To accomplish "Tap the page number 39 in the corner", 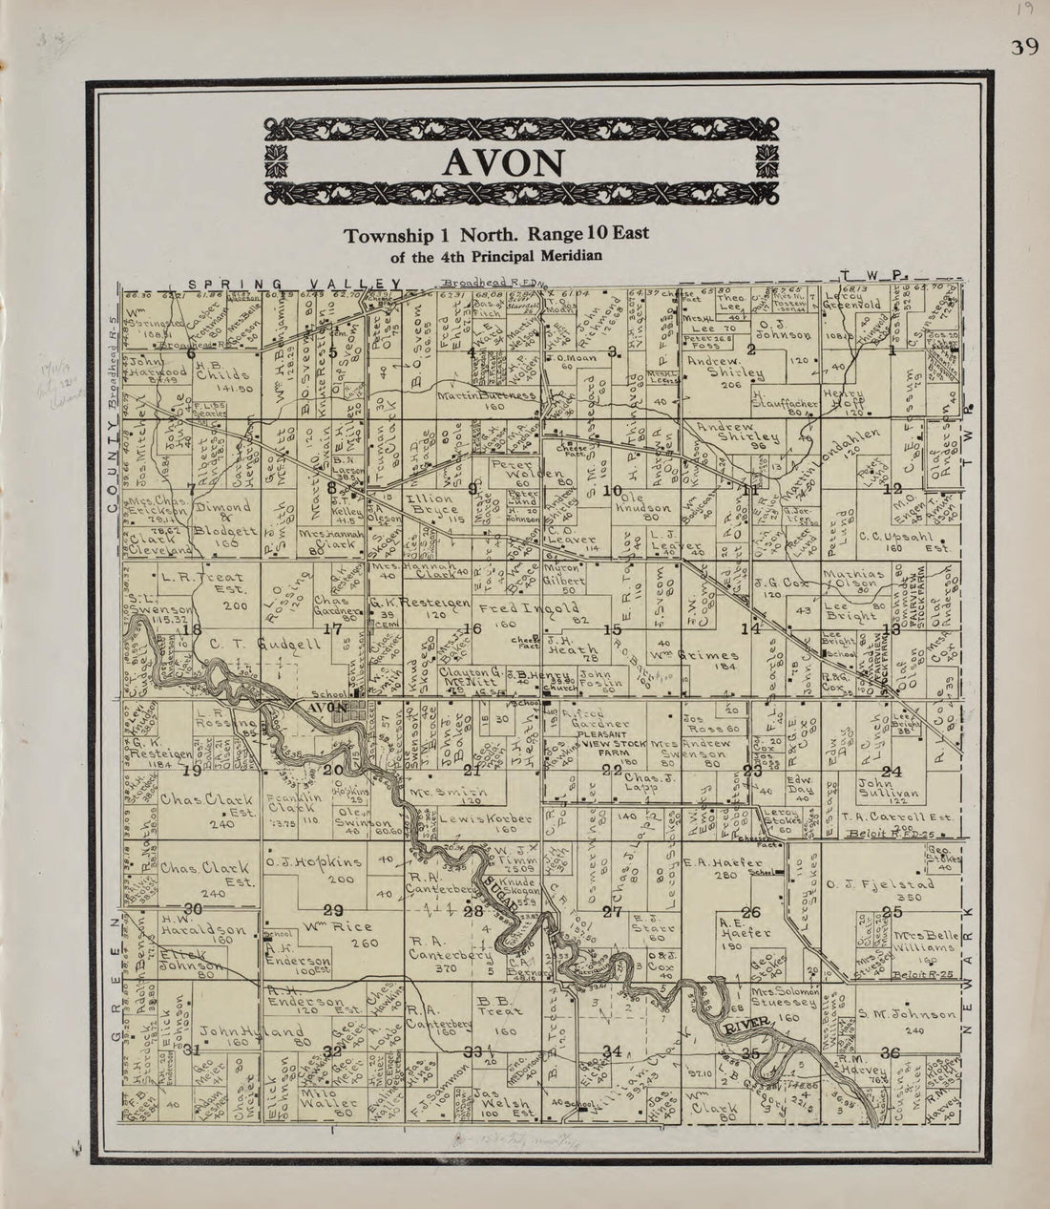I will click(1024, 49).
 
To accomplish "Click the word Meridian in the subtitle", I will click(567, 255).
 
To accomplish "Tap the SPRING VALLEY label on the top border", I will click(294, 284).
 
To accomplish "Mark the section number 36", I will click(892, 1053).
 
